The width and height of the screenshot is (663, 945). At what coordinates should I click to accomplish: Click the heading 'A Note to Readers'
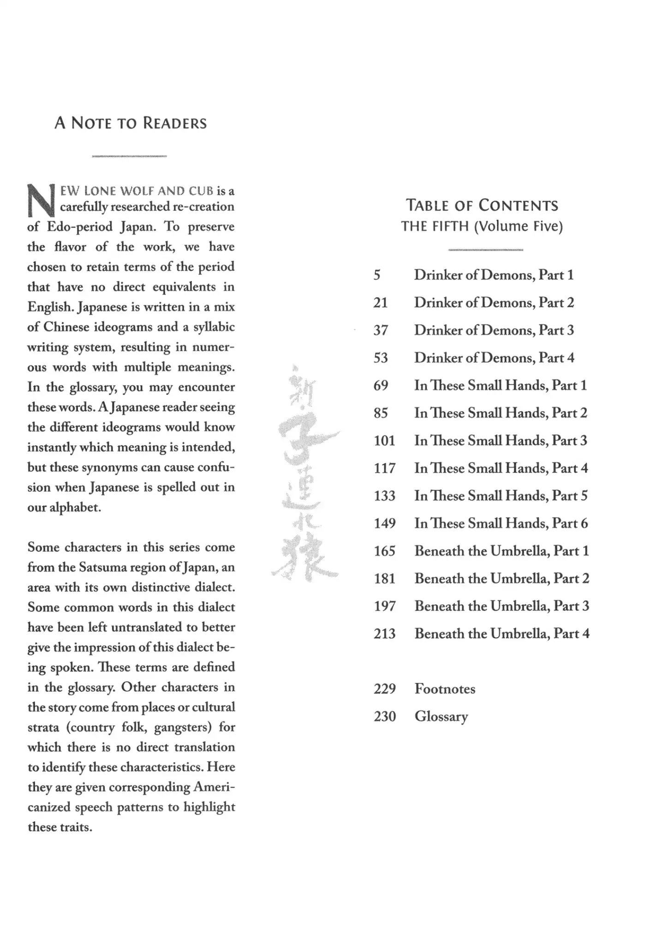click(x=131, y=123)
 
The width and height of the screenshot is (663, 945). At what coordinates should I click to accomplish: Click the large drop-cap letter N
click(x=41, y=201)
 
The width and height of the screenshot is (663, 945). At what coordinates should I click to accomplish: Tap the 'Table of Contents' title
click(x=482, y=205)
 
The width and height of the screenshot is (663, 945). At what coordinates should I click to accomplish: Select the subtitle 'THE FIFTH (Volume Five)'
click(x=482, y=227)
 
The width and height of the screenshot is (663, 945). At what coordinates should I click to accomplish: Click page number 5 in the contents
click(x=377, y=275)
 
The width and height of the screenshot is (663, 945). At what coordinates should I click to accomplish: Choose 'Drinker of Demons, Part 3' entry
click(x=494, y=330)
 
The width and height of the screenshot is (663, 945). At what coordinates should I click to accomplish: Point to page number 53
click(x=381, y=358)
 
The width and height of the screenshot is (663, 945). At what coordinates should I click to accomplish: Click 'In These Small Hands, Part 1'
click(x=500, y=385)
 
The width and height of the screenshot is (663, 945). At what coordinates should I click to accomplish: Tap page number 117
click(x=384, y=468)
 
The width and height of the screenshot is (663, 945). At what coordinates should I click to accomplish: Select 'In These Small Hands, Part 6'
click(x=501, y=523)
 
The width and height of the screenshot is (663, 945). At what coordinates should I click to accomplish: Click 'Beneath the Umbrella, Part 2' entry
click(x=502, y=579)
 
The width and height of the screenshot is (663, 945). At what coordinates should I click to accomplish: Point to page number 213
click(x=384, y=634)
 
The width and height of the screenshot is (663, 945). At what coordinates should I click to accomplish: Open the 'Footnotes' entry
click(x=445, y=689)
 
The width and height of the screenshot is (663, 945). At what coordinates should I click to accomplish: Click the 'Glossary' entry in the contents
click(x=441, y=717)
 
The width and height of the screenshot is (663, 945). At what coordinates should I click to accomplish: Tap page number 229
click(x=384, y=689)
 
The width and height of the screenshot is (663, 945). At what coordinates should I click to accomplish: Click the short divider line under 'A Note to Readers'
click(x=129, y=157)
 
